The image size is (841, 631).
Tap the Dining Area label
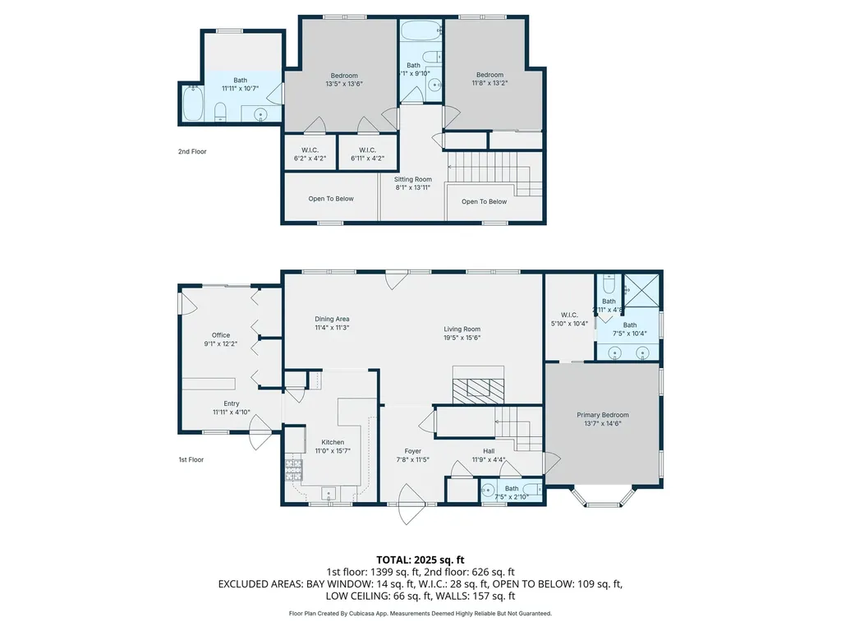click(332, 323)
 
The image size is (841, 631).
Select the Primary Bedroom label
click(603, 419)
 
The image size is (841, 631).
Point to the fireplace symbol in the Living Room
click(476, 389)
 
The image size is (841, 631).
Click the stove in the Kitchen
click(293, 469)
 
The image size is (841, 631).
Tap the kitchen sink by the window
click(329, 495)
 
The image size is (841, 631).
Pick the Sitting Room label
click(413, 183)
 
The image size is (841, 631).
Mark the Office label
click(221, 339)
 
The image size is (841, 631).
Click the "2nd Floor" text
click(192, 152)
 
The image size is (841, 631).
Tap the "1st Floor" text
click(191, 459)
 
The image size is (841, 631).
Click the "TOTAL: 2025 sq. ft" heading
click(420, 560)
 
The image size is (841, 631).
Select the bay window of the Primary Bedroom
click(603, 497)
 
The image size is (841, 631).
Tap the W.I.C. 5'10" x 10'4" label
click(570, 319)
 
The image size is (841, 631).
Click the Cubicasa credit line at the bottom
click(420, 613)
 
